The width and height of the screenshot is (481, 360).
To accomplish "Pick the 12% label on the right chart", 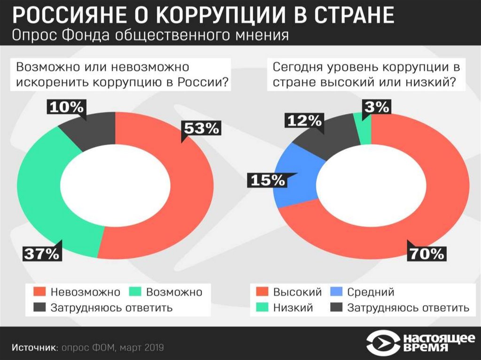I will click(303, 121).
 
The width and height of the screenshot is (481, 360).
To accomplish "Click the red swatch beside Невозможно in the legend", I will click(40, 292).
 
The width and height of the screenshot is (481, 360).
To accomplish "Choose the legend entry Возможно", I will click(174, 292).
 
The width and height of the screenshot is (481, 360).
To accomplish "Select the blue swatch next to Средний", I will click(336, 292).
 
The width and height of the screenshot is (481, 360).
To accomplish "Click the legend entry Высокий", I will click(297, 292).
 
